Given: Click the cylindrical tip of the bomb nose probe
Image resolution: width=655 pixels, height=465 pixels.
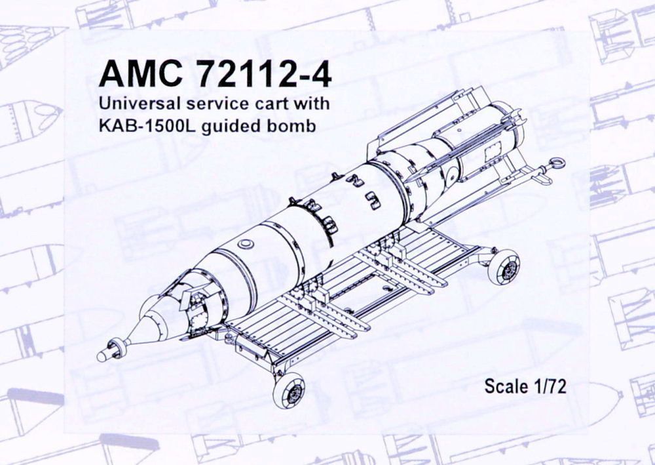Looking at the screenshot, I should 103,355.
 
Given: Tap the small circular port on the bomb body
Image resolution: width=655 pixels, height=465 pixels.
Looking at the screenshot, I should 246,244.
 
